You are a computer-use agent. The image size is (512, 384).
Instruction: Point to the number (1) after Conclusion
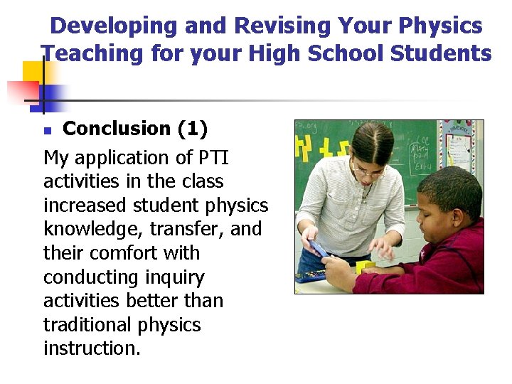(192, 129)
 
